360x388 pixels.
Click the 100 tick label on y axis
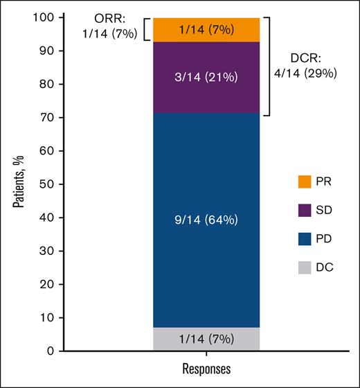[38, 18]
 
